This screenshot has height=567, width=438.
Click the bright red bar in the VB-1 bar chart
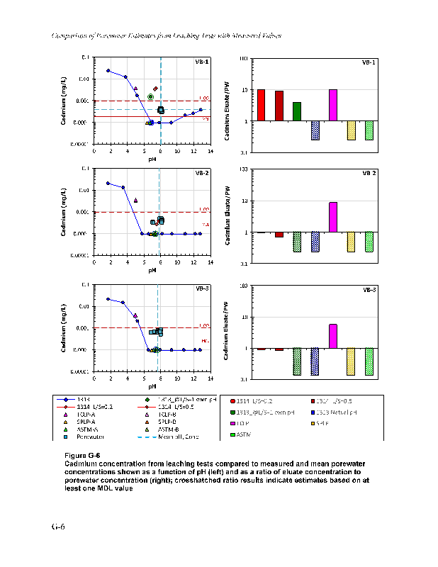coord(261,105)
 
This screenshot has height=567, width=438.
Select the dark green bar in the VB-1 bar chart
coord(297,111)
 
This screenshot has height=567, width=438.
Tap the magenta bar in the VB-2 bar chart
coord(333,218)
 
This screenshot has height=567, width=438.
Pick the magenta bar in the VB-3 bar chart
coord(333,336)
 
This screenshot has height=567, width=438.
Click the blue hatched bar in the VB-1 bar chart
coord(315,130)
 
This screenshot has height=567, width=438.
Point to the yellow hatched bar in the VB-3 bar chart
coord(351,361)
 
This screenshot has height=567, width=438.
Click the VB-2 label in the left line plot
coord(201,173)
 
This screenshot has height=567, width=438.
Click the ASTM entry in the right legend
coord(245,433)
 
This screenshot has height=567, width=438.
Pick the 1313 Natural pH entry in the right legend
coord(333,412)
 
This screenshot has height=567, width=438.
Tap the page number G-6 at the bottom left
coord(57,527)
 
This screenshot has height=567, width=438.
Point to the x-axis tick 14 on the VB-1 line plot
coord(210,151)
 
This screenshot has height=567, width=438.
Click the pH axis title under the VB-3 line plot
coord(152,386)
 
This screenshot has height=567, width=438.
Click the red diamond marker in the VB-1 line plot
coord(155,89)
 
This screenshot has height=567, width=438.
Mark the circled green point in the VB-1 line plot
coord(150,96)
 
